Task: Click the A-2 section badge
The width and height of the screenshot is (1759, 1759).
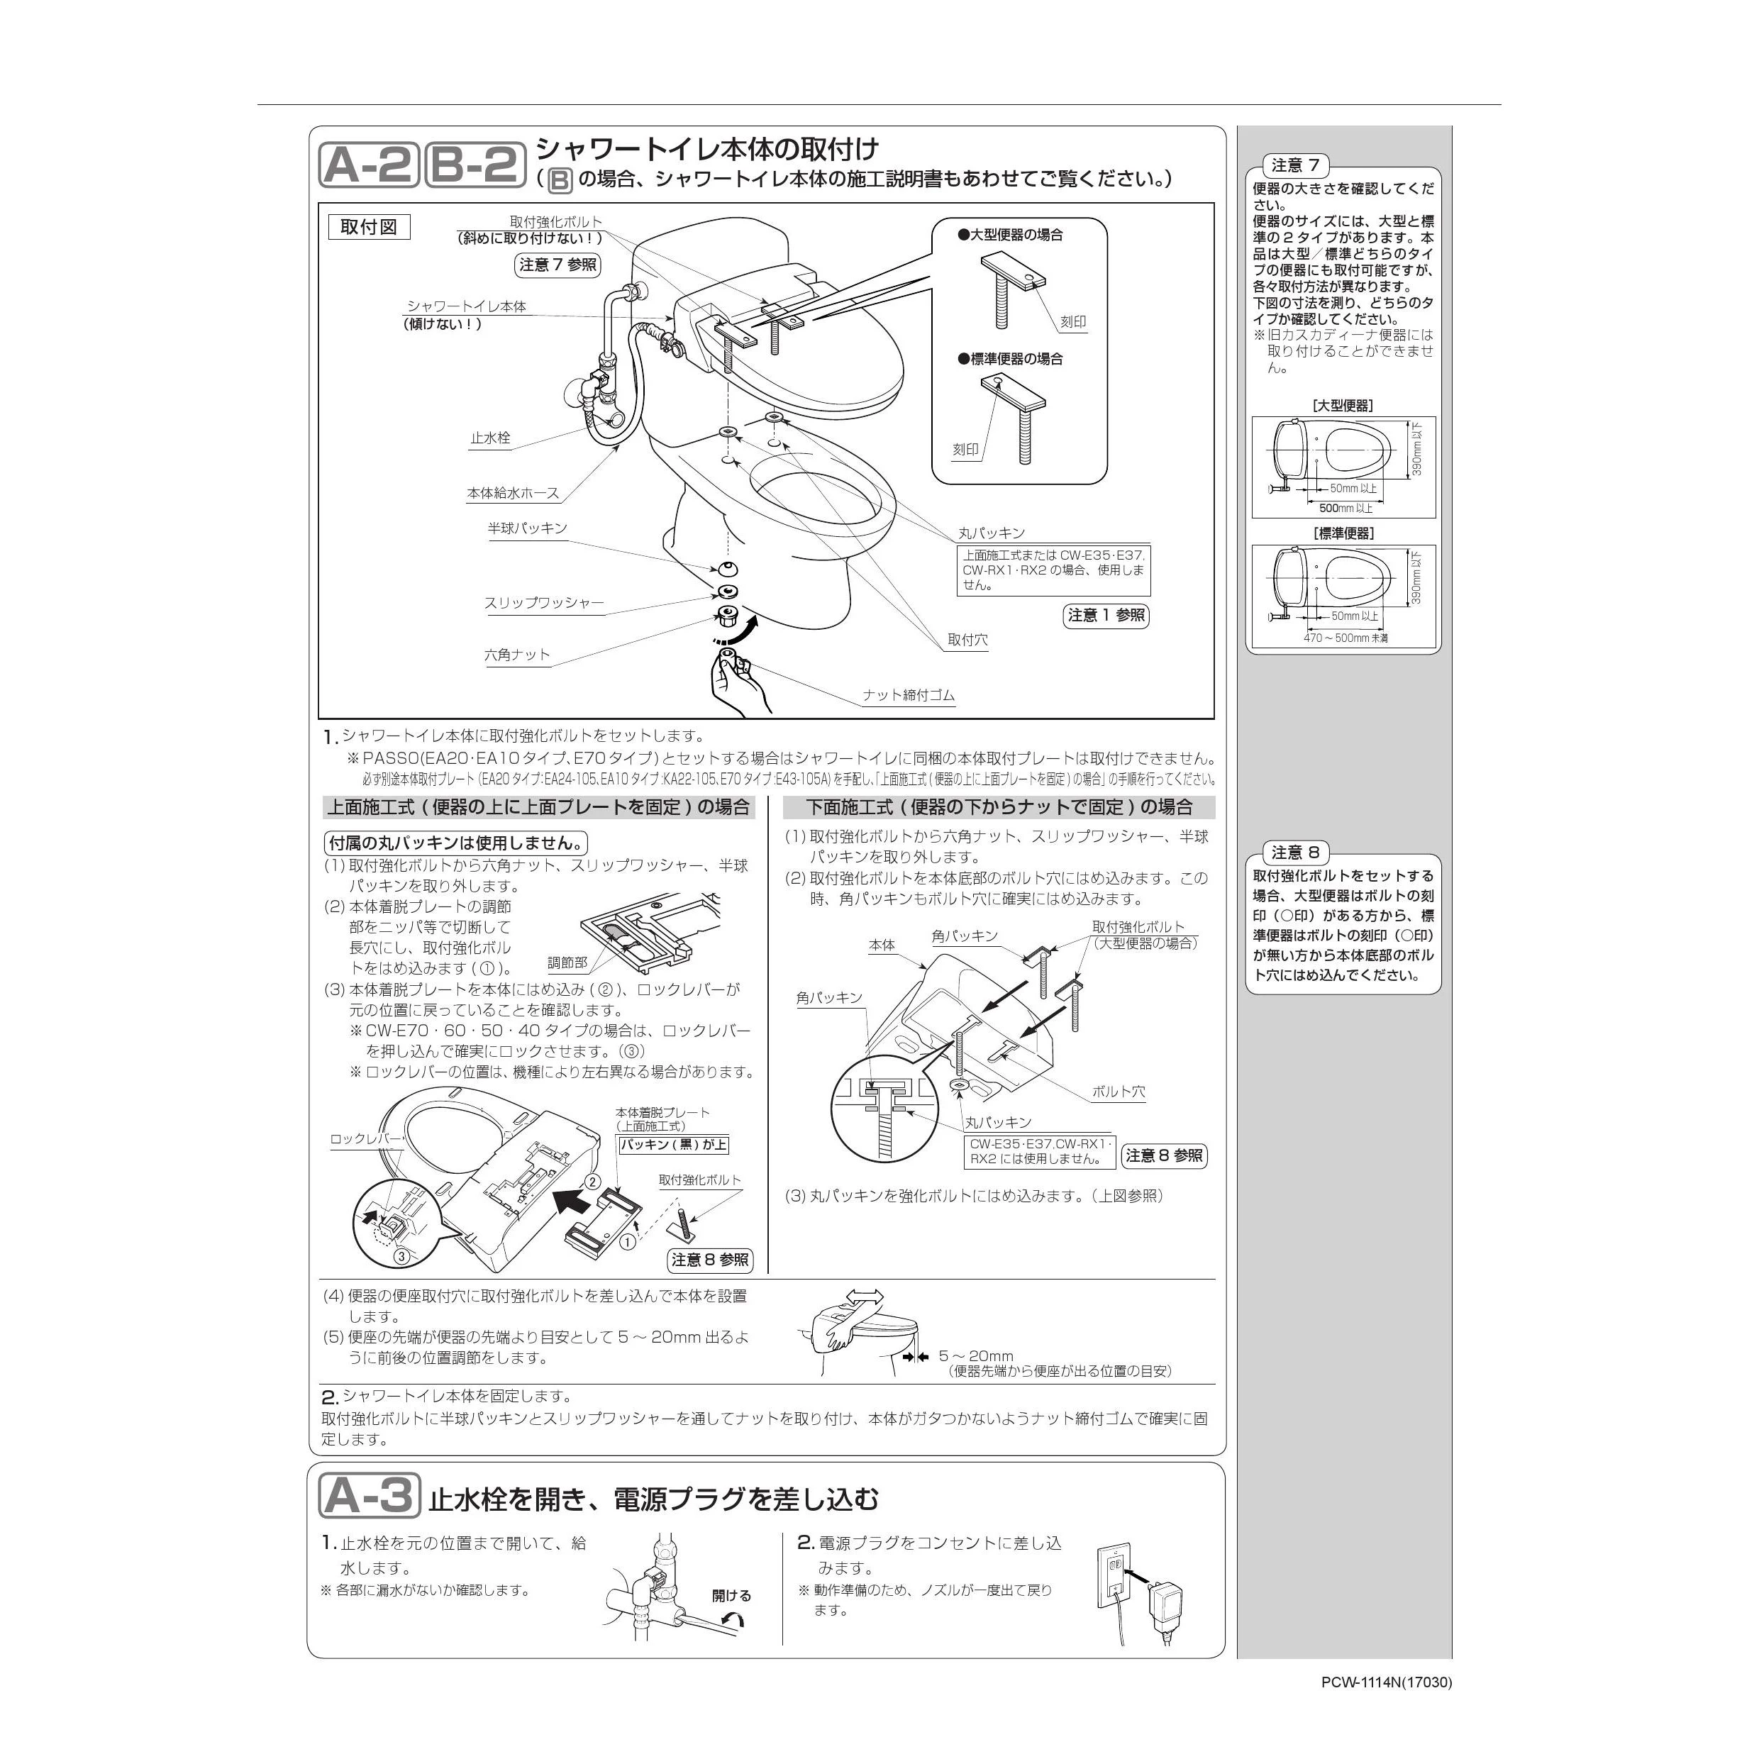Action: coord(369,165)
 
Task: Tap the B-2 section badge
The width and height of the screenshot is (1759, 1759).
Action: coord(475,165)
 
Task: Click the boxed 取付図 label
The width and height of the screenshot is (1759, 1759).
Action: coord(369,227)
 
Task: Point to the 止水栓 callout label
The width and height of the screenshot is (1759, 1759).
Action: coord(491,438)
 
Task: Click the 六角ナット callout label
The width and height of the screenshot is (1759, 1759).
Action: coord(517,655)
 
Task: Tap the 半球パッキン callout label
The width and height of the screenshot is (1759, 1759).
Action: coord(527,528)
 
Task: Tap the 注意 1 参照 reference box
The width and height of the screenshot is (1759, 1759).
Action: coord(1106,616)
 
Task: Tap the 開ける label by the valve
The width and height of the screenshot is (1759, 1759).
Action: coord(731,1595)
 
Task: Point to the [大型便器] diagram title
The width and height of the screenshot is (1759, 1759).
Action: coord(1343,405)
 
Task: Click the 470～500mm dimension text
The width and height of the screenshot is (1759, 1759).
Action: coord(1345,638)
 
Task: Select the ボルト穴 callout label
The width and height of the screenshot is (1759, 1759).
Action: coord(1119,1091)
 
